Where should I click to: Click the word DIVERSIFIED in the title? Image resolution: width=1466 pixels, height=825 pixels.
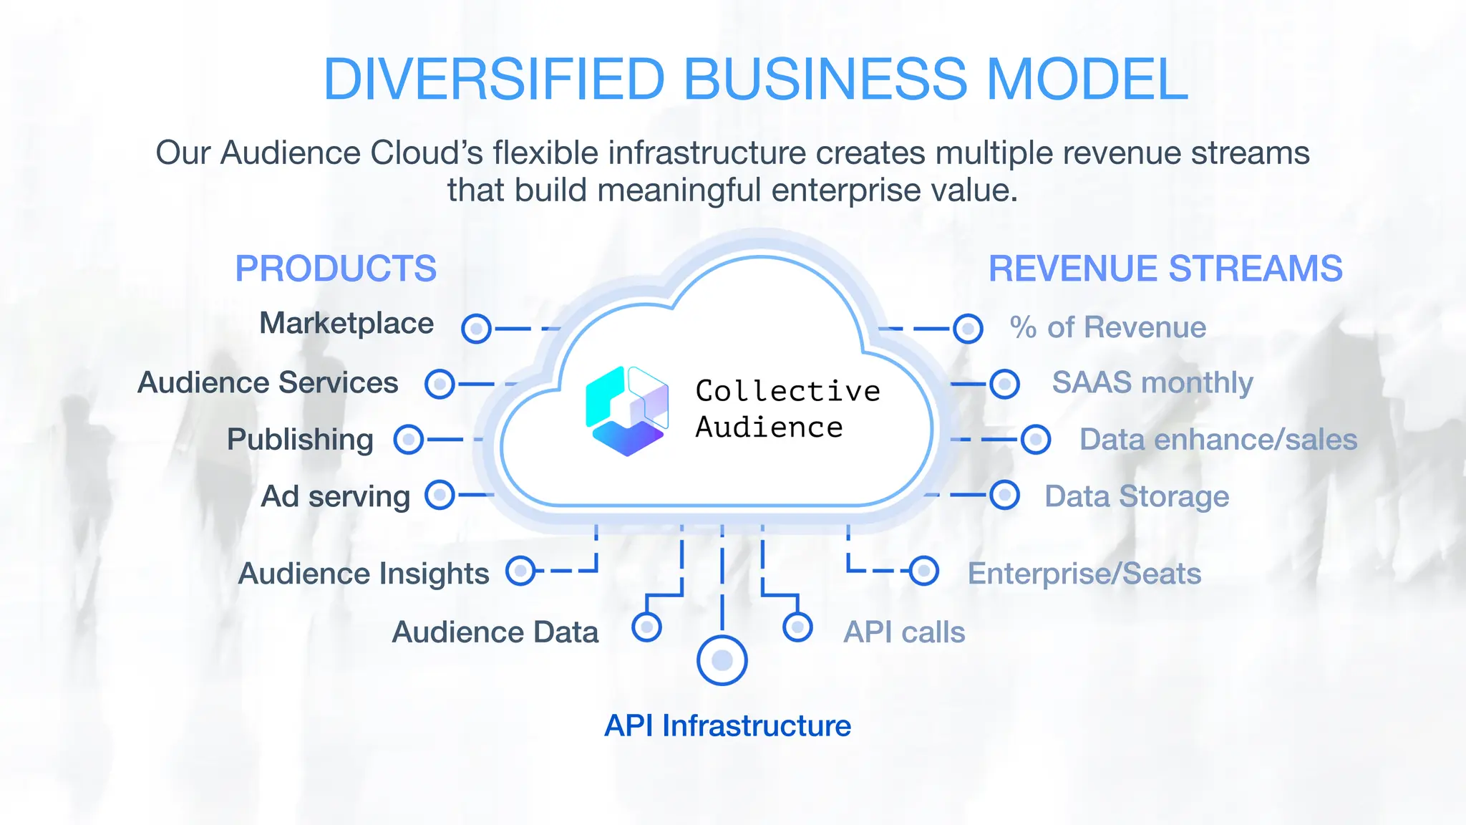[x=494, y=79]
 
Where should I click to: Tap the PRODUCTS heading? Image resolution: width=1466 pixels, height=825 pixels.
[x=336, y=269]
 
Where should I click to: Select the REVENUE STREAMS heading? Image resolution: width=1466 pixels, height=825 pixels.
[x=1165, y=269]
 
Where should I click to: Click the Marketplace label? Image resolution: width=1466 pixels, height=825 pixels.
[x=346, y=324]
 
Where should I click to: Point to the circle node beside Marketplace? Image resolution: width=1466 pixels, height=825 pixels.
[x=476, y=329]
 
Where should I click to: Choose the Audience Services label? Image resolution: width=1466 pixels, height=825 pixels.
[x=268, y=383]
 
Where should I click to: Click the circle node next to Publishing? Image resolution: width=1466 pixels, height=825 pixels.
[x=409, y=439]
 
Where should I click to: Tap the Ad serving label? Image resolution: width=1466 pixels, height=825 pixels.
[x=335, y=496]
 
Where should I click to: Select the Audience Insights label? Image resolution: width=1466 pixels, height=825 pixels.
[x=364, y=574]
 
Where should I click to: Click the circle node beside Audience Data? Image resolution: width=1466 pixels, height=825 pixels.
[x=646, y=627]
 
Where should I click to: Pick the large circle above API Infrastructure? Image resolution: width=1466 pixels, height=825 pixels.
[x=722, y=660]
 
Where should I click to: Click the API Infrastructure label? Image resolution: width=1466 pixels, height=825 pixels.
[x=727, y=726]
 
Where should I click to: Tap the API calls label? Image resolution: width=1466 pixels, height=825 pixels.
[x=904, y=632]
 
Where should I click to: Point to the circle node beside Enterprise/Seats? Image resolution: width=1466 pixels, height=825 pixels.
[x=924, y=571]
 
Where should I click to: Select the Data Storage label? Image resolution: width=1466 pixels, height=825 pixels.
[x=1137, y=496]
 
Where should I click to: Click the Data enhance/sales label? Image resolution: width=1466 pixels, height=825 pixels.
[x=1218, y=440]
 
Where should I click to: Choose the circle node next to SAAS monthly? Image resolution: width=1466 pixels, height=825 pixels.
[x=1004, y=384]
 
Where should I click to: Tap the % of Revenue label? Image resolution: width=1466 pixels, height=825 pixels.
[x=1108, y=327]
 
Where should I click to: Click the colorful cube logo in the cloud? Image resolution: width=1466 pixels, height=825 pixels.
[x=627, y=411]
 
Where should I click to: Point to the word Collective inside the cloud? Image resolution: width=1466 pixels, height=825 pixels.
[x=787, y=391]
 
